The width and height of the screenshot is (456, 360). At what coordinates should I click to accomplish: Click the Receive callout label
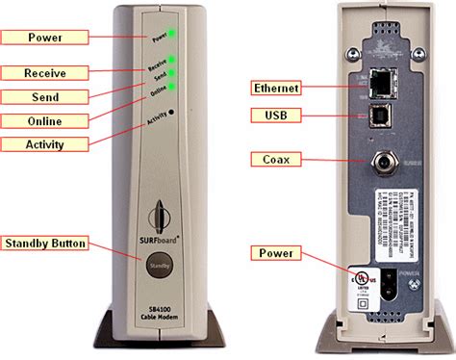[44, 72]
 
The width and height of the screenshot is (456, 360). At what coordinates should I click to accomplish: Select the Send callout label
[44, 96]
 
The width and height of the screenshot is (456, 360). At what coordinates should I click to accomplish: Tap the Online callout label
[44, 120]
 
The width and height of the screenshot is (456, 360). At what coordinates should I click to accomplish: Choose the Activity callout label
[44, 143]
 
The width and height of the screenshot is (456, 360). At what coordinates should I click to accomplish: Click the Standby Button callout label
[44, 243]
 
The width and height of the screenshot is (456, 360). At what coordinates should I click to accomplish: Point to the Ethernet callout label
[275, 88]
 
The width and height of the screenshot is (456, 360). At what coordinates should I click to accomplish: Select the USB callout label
[275, 116]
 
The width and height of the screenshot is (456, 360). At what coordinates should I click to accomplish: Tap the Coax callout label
[275, 158]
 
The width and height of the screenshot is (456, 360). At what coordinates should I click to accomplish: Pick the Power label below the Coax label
[275, 253]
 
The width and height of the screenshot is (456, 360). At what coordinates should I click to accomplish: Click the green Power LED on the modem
[173, 35]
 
